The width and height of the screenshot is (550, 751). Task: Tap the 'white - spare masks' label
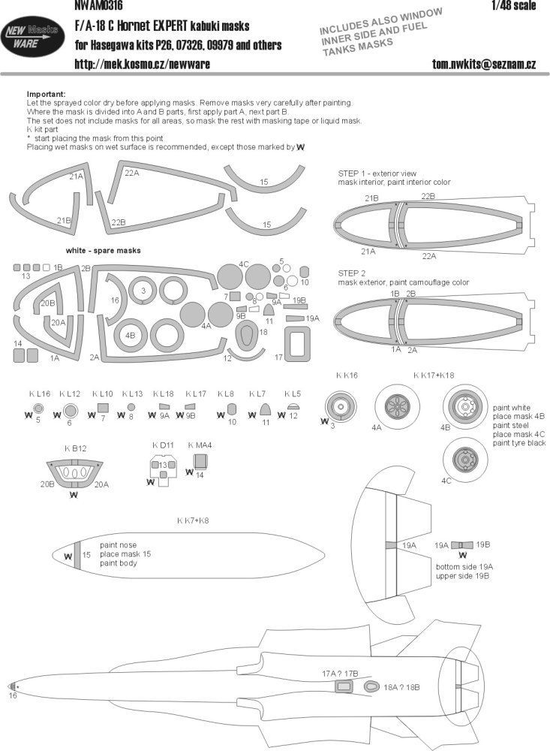104,249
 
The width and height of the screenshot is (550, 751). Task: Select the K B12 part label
77,448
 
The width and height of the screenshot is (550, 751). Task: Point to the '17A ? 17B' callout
340,674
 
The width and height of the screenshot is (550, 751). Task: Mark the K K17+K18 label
434,374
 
